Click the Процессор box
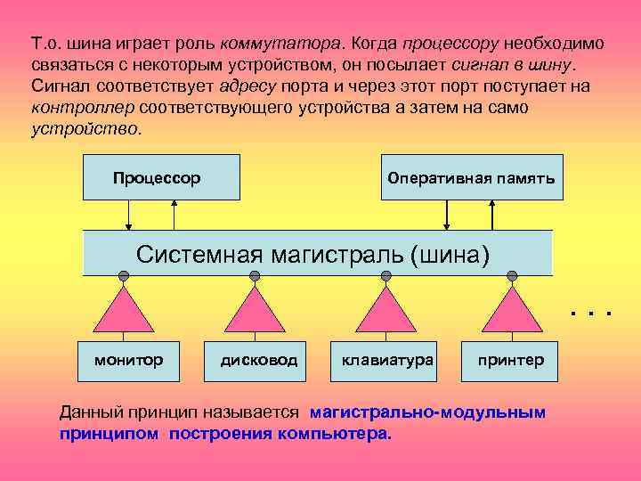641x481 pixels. (x=160, y=177)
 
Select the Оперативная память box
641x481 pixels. (x=471, y=177)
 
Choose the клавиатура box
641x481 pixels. (x=386, y=360)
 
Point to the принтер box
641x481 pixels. (x=510, y=360)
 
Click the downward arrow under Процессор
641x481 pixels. (x=130, y=215)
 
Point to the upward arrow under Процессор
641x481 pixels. (x=174, y=215)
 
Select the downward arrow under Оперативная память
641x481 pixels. (x=448, y=215)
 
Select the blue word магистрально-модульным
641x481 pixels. (x=428, y=412)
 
